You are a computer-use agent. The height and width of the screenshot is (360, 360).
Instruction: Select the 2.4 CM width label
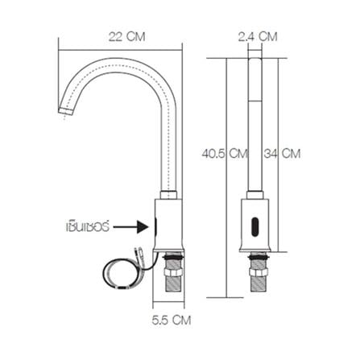point(259,36)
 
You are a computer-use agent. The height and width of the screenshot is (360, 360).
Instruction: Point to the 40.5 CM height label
point(224,152)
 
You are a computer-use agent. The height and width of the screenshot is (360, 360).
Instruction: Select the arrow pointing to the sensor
point(129,228)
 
